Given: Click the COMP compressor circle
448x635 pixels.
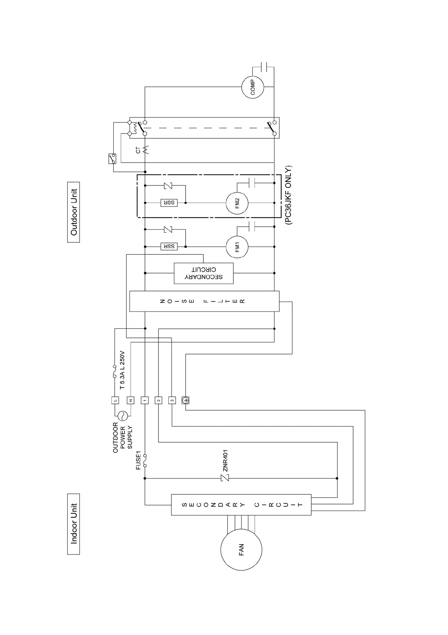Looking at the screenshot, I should tap(253, 87).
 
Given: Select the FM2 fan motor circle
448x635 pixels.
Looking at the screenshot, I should tap(237, 203).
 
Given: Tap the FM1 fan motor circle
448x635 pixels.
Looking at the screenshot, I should tap(237, 247).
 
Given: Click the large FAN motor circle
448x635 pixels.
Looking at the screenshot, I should tap(241, 550).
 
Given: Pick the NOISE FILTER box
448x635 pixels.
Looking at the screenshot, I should tap(204, 301).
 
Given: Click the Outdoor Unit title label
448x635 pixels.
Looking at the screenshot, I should tap(74, 212).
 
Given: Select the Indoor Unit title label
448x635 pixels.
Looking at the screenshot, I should tap(74, 524).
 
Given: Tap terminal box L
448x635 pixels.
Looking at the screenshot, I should tap(115, 400).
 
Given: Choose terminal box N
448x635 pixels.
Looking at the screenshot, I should tap(130, 400).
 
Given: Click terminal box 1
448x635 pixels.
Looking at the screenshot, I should tap(145, 400).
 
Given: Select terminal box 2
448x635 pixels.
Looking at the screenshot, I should tap(158, 400).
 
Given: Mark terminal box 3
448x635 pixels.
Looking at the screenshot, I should tap(172, 400).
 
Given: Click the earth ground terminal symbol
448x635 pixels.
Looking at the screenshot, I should tap(185, 400).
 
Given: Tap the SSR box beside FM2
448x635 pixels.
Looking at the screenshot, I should tap(169, 203).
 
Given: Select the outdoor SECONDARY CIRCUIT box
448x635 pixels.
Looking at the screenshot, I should tap(204, 273).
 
